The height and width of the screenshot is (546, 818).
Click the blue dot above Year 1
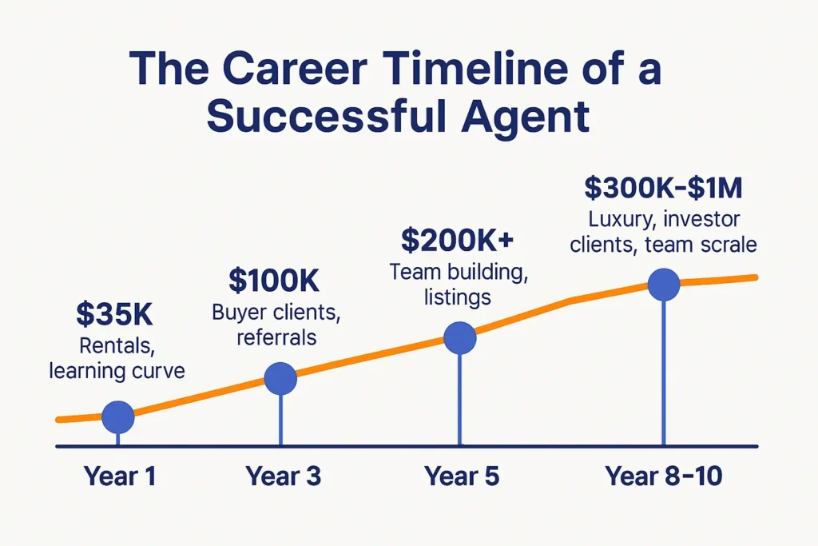pos(118,417)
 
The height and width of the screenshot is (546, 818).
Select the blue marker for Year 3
pos(280,378)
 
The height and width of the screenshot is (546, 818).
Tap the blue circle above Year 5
pos(459,337)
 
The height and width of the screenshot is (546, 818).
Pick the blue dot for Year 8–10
pos(664,285)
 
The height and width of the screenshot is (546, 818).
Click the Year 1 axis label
pos(120,476)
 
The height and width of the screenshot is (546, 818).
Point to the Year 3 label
pos(283,476)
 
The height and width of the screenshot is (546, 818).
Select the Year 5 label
pos(462,476)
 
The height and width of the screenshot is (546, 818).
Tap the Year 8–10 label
pos(664,476)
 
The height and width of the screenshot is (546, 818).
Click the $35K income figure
pos(114,313)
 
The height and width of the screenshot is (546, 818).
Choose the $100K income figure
pos(274,281)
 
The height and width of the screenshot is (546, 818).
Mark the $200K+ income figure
pos(458,240)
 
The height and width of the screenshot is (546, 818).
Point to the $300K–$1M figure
pos(663,188)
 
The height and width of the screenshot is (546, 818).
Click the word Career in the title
pos(296,68)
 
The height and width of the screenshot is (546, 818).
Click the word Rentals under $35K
pos(117,345)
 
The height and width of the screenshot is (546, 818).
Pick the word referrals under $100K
pos(276,337)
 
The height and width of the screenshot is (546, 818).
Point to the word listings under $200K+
pos(458,297)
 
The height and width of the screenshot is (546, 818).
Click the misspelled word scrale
pos(729,245)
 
